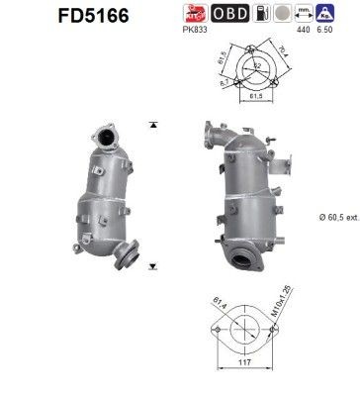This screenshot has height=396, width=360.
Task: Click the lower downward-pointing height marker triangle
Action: (x=152, y=267)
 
